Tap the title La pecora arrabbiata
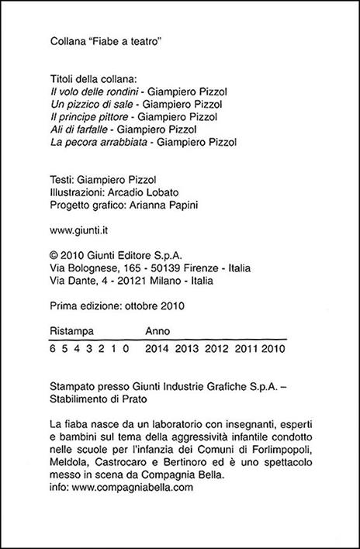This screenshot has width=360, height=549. click(x=96, y=142)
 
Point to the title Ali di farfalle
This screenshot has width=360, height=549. click(x=80, y=129)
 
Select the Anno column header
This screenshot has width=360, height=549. click(x=157, y=329)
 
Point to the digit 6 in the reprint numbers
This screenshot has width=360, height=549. click(x=52, y=349)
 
